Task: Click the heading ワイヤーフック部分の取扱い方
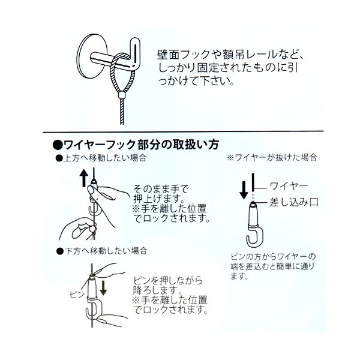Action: (x=141, y=145)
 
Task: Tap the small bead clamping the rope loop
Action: (x=122, y=95)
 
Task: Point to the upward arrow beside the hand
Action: (x=84, y=178)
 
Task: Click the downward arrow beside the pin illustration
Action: (x=103, y=287)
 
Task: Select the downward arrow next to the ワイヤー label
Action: (x=244, y=189)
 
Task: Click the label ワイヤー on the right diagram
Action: (x=289, y=186)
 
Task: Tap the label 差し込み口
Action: (x=294, y=202)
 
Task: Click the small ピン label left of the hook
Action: (x=77, y=295)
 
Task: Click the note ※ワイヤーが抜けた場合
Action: (x=272, y=157)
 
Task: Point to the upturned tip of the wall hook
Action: (x=136, y=41)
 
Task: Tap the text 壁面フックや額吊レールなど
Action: (x=230, y=55)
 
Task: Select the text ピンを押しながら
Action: (x=168, y=281)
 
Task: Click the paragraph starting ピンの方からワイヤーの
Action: (x=272, y=266)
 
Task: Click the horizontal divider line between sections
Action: (x=183, y=132)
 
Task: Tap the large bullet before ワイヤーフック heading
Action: (x=58, y=145)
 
